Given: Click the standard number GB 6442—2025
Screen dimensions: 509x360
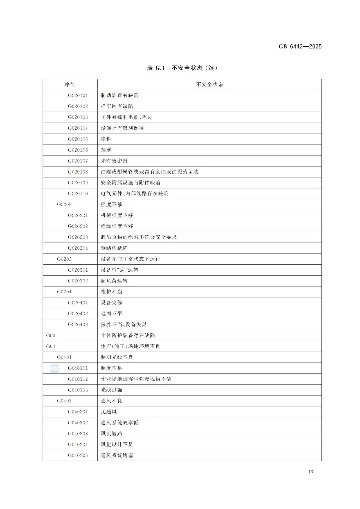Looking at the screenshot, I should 300,47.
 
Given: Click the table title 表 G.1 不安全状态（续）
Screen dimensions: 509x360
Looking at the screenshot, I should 182,68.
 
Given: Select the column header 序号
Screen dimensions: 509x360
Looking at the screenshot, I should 70,85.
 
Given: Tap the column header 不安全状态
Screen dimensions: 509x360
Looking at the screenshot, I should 209,85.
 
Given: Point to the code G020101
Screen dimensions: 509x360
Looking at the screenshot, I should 78,96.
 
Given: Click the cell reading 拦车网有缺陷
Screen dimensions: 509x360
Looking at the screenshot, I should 117,106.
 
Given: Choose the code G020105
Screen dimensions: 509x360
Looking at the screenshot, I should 78,139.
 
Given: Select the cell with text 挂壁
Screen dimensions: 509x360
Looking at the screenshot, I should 106,150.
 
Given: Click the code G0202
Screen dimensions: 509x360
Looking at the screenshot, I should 64,205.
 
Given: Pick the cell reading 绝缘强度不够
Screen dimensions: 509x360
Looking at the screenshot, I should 117,226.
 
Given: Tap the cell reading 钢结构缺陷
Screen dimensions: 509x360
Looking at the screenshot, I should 114,248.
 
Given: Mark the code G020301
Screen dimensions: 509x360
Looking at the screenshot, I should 78,270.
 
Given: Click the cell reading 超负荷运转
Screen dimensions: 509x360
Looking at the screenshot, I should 114,281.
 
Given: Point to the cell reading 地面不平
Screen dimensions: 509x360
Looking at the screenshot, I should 112,314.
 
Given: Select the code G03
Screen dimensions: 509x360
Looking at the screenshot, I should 51,336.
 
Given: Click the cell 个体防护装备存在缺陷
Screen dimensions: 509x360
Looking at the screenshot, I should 128,336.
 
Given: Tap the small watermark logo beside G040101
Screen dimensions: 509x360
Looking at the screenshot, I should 54,368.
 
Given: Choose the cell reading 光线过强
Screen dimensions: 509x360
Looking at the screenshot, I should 112,390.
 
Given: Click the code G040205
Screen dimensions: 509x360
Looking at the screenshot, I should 78,456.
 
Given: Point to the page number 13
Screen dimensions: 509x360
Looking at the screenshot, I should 311,472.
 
